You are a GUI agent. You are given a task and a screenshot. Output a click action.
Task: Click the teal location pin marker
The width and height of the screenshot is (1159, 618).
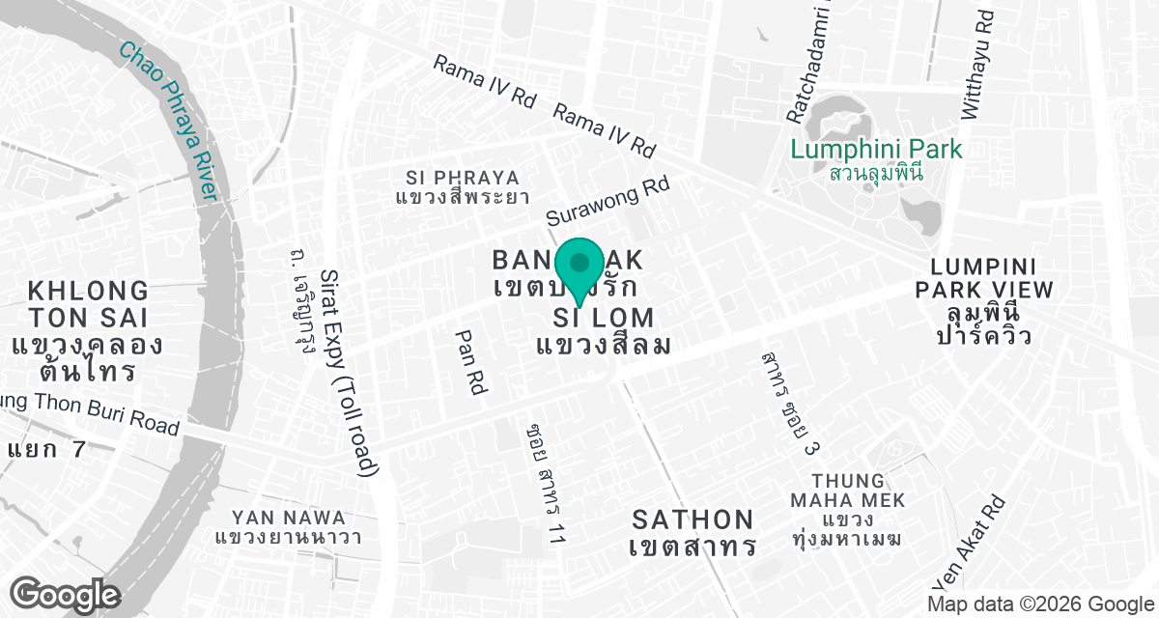[579, 267]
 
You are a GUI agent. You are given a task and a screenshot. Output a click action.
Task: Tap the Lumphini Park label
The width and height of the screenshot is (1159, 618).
[876, 150]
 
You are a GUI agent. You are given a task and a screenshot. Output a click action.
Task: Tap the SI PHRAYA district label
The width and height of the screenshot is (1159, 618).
[463, 178]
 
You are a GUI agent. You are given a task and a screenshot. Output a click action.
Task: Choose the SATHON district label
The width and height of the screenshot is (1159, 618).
[692, 520]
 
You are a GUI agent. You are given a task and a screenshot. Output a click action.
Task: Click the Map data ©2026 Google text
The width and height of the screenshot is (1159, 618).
[1039, 604]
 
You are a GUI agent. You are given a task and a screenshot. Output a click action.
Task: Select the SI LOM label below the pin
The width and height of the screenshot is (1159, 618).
[604, 317]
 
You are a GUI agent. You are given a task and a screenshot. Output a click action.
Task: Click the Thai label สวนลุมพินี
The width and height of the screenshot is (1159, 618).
[876, 174]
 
